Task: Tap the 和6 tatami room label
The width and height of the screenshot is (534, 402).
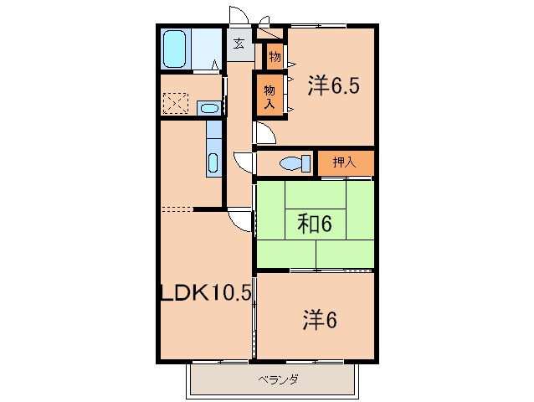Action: pos(315,223)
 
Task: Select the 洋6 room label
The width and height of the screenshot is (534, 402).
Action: pos(319,319)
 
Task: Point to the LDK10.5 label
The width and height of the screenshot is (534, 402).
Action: pos(206,293)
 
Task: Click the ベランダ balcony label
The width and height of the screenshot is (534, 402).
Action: pos(276,379)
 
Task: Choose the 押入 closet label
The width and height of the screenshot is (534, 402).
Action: pos(344,162)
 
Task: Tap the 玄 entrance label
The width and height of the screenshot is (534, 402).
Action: pos(239,44)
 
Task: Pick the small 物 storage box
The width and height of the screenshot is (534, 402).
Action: pos(274,57)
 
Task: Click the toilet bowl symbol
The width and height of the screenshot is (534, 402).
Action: pos(293,162)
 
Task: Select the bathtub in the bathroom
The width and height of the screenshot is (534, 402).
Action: pos(175,51)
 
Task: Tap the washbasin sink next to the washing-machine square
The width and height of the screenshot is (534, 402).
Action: pos(210,107)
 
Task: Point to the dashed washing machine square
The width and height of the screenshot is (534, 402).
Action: pos(177,104)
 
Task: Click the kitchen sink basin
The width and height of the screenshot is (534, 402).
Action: pos(213,162)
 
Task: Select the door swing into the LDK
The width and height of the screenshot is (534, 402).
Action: pos(241,219)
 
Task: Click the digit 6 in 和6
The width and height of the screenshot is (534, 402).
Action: pos(327,223)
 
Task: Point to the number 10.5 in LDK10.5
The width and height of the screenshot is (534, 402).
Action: pos(227,293)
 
